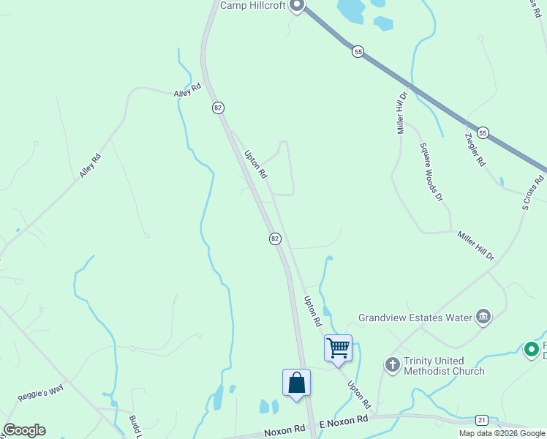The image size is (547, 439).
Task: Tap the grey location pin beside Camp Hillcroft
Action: point(296,5)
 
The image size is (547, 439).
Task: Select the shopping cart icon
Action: point(339,348)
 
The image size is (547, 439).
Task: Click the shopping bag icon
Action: point(296,383)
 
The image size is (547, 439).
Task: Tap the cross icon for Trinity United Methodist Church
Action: point(393,364)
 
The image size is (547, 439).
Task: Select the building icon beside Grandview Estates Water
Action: point(483,316)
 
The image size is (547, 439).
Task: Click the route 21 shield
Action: point(481,419)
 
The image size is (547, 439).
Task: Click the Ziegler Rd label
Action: point(475,150)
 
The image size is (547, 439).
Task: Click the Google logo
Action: point(24,430)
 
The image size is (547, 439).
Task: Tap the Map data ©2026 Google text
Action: point(502,433)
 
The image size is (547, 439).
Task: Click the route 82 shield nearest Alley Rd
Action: point(218,108)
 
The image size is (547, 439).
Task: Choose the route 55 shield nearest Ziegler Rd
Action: point(483,132)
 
